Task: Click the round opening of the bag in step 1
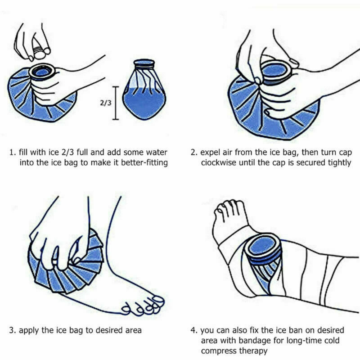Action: [x=43, y=72]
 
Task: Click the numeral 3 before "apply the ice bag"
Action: [x=12, y=330]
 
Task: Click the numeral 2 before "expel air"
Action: [x=193, y=153]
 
